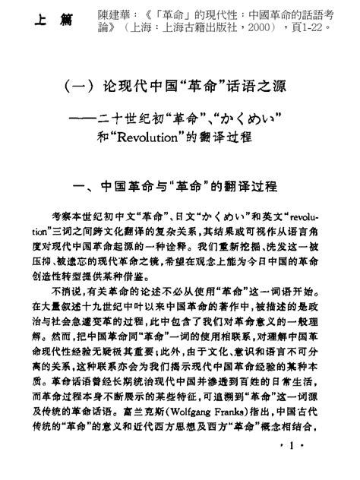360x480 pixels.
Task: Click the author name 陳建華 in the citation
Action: pyautogui.click(x=93, y=14)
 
